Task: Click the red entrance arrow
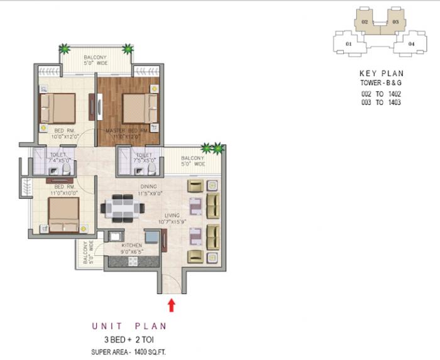(171, 305)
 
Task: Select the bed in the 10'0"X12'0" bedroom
(57, 107)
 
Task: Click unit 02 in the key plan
(363, 21)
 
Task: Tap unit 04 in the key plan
(412, 43)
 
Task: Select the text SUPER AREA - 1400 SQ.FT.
(129, 351)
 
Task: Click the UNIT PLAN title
(129, 326)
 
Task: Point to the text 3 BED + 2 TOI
(129, 340)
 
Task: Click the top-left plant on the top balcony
(63, 48)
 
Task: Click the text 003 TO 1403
(381, 102)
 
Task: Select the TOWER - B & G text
(381, 83)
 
